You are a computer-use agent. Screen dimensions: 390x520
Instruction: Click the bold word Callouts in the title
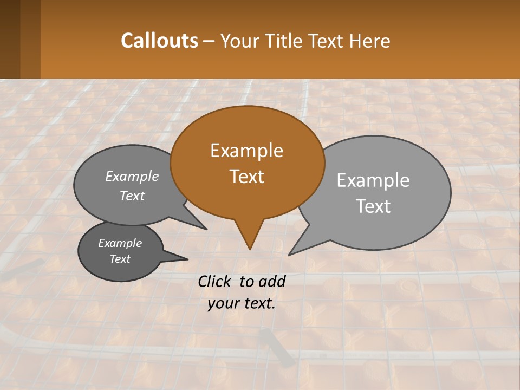click(159, 41)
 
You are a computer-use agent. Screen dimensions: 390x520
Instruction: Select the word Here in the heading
click(371, 41)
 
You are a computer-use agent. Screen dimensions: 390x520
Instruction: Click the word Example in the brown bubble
click(246, 151)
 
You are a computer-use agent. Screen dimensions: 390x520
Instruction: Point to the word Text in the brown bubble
click(246, 177)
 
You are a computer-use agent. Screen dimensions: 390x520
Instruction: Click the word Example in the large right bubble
click(373, 180)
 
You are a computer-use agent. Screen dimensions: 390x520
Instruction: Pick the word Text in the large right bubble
click(373, 206)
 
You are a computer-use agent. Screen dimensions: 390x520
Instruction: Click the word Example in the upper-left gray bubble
click(132, 176)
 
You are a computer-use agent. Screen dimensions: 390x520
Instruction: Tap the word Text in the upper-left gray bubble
click(132, 196)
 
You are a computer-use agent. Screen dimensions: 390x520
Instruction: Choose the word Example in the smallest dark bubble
click(120, 243)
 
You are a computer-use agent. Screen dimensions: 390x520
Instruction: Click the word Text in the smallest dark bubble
click(120, 259)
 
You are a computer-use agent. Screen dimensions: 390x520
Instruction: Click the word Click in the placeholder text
click(216, 281)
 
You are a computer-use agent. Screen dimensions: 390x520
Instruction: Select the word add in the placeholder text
click(271, 281)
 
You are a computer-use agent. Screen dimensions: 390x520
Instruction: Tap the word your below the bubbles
click(222, 303)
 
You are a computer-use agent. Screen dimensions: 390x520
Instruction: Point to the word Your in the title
click(239, 41)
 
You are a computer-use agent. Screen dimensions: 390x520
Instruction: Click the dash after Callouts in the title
click(209, 41)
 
